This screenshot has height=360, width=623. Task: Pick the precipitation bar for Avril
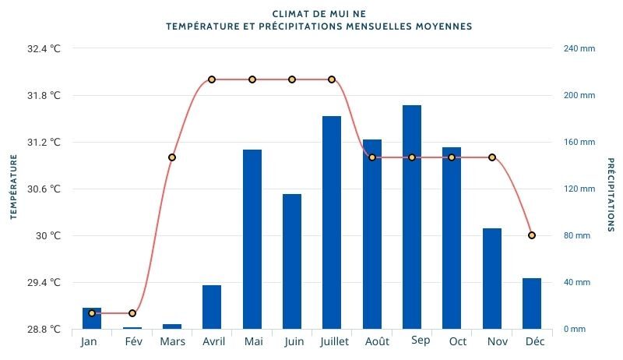212,307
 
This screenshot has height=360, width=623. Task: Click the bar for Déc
531,303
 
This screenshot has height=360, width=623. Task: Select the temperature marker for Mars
172,157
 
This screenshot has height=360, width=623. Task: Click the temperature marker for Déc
531,235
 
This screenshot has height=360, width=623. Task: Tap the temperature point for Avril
212,79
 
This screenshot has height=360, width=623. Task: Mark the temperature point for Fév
132,313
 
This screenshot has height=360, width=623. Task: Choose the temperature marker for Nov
491,157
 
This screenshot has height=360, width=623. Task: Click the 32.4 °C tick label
44,48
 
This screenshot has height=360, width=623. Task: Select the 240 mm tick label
579,48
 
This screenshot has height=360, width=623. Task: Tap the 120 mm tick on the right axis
579,189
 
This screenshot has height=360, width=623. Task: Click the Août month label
377,342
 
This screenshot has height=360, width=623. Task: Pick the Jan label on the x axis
89,342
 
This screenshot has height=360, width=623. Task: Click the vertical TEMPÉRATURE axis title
13,187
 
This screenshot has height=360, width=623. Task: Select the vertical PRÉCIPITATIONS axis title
610,195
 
